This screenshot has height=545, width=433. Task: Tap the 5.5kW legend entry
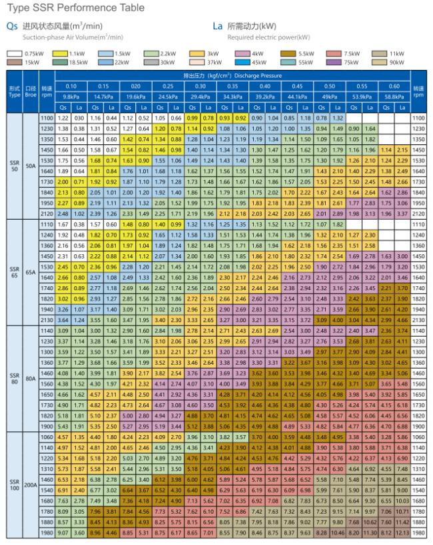click(298, 52)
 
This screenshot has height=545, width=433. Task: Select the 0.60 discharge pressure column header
click(394, 86)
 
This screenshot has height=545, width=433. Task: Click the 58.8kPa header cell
click(394, 96)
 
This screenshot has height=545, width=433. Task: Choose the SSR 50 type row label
click(14, 166)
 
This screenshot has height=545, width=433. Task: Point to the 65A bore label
click(30, 272)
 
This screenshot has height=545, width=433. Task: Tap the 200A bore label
click(30, 484)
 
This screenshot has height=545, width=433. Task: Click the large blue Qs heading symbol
click(11, 27)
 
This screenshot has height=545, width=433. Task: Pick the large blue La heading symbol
click(217, 27)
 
